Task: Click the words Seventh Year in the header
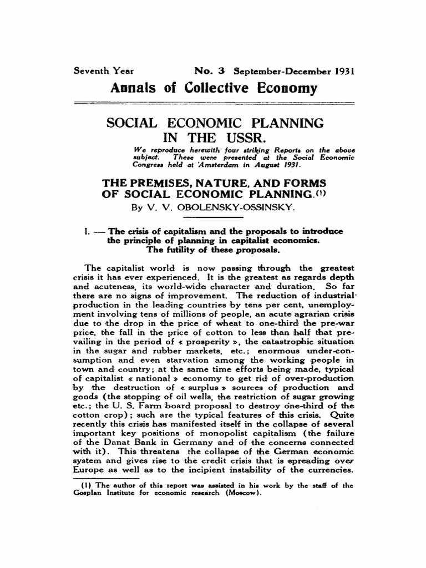click(x=103, y=72)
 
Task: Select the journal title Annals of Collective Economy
click(x=214, y=88)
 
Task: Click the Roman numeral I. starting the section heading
click(x=85, y=231)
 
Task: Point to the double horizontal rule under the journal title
click(x=214, y=103)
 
